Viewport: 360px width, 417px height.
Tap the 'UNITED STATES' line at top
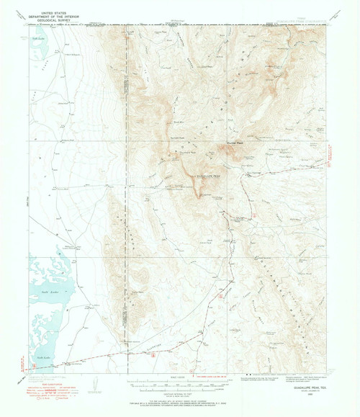pos(50,13)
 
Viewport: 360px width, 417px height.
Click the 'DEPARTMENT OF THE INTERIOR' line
pos(50,17)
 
